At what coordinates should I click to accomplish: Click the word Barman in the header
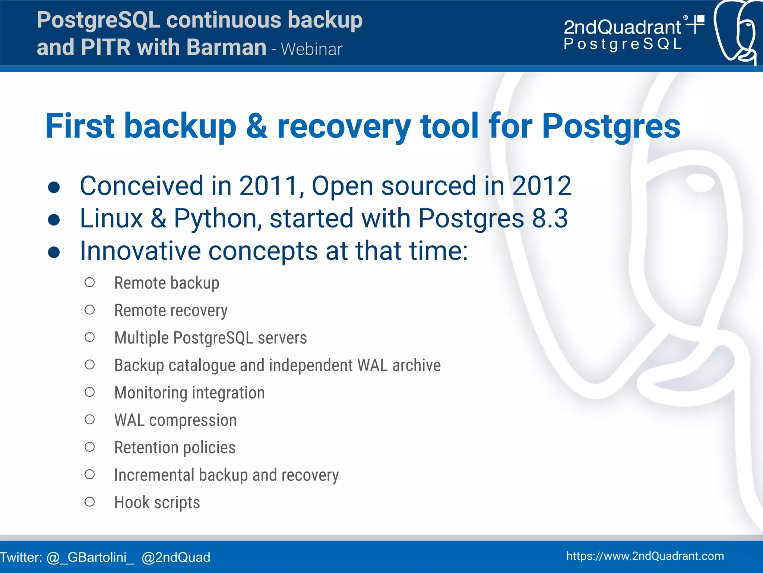coord(226,48)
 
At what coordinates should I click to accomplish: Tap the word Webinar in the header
coord(311,50)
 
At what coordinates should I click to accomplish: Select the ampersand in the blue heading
coord(257,126)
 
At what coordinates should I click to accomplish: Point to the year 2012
coord(541,186)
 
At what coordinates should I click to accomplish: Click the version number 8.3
coord(550,218)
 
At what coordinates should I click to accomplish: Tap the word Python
coord(218,219)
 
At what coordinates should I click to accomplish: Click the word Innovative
coord(140,251)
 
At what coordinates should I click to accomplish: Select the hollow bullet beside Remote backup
coord(89,283)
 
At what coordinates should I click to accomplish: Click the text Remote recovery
coord(171,311)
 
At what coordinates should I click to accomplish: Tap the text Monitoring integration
coord(189,393)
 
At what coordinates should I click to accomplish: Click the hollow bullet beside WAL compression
coord(89,420)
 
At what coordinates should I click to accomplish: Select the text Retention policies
coord(175,447)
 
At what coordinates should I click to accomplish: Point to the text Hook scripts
coord(157,503)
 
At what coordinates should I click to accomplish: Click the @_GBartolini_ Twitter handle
coord(90,557)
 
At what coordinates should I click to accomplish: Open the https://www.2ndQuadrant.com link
coord(645,556)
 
